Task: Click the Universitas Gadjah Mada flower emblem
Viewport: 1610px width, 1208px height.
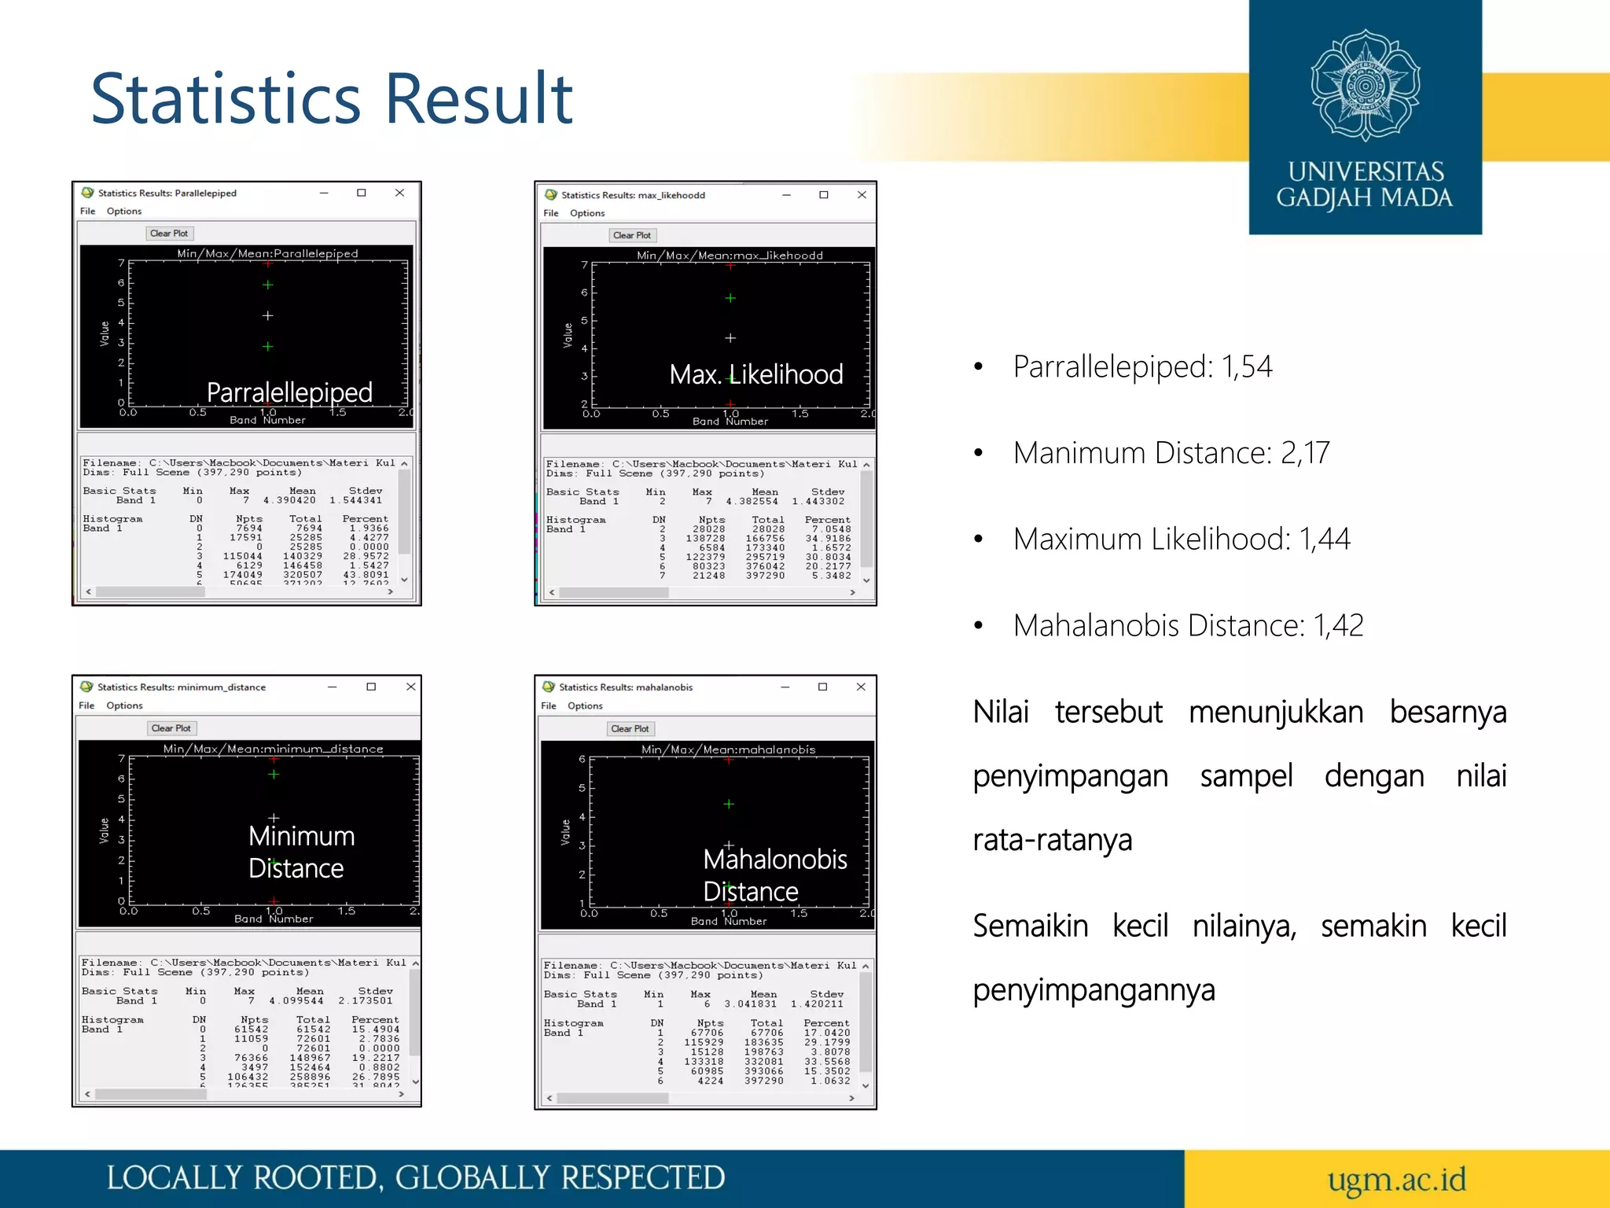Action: click(1365, 85)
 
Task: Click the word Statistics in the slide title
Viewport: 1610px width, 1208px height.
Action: click(226, 99)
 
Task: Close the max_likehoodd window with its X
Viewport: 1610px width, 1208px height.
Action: click(862, 195)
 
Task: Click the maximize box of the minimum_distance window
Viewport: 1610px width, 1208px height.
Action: click(371, 687)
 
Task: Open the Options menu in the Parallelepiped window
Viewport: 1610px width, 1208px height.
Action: click(124, 212)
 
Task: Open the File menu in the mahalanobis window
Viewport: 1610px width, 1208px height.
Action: click(548, 706)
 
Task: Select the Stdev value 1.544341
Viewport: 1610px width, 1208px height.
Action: click(355, 500)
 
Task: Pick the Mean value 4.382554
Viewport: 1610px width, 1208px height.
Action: click(752, 502)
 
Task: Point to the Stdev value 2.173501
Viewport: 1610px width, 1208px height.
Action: click(366, 1001)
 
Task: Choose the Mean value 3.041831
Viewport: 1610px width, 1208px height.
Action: click(750, 1004)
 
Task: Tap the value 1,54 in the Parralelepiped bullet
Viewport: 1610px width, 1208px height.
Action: click(1246, 366)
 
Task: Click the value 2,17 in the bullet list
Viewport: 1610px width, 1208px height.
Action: click(1305, 453)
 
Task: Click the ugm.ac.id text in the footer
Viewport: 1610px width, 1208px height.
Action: click(1396, 1179)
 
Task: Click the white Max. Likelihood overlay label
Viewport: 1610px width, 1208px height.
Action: click(755, 374)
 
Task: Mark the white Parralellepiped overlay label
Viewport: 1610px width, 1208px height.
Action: click(289, 392)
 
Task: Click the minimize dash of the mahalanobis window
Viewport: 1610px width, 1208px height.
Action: click(785, 687)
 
